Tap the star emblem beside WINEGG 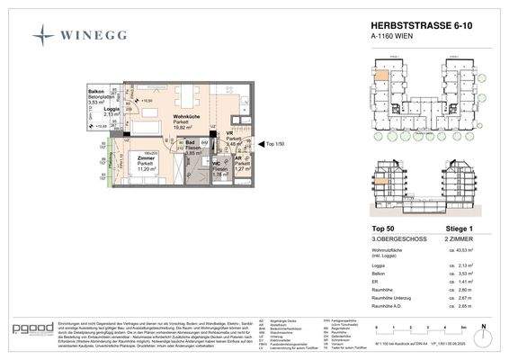click(x=42, y=37)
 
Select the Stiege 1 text click(x=448, y=229)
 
